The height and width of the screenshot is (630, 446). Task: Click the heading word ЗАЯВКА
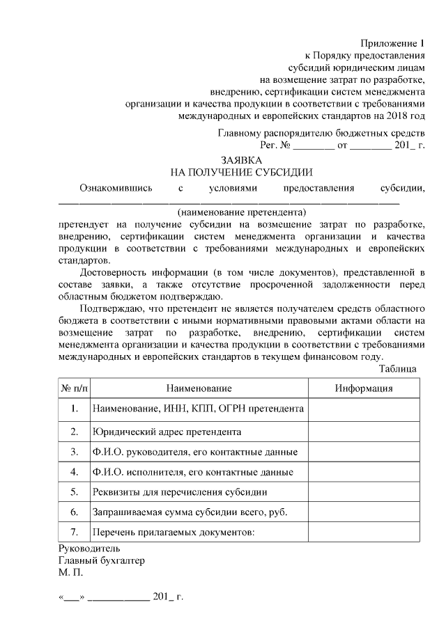[241, 159]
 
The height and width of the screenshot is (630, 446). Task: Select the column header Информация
[363, 388]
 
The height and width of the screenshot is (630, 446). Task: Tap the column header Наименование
[199, 388]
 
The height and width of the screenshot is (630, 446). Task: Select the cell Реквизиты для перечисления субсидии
[179, 492]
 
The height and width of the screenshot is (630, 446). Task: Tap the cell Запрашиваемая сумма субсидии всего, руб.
[190, 512]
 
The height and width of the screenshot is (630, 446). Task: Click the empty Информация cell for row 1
[363, 409]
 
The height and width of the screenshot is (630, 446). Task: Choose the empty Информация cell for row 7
[363, 533]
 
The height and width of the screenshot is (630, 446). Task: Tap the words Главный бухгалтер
[102, 560]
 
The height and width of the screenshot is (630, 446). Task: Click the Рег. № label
[274, 145]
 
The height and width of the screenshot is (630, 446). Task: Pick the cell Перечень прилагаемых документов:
[174, 533]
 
